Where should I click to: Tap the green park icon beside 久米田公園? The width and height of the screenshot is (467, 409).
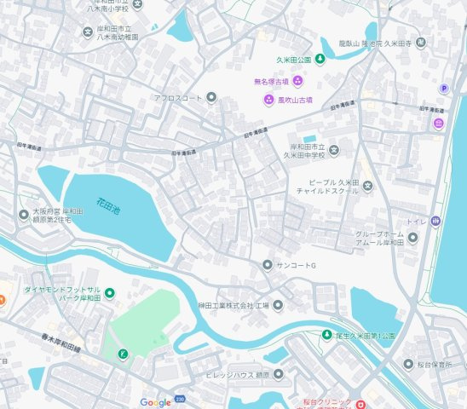[x=320, y=59]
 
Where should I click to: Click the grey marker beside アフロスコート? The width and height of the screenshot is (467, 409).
[x=211, y=98]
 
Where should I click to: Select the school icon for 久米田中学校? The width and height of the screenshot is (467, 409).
[x=334, y=151]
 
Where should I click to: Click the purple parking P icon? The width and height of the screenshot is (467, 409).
[x=444, y=88]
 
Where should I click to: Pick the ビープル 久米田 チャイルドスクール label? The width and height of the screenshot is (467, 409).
[x=336, y=188]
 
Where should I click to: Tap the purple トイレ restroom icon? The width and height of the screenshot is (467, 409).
[x=435, y=221]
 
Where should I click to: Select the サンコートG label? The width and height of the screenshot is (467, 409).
[x=296, y=266]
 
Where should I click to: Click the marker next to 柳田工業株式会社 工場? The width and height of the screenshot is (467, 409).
[x=276, y=305]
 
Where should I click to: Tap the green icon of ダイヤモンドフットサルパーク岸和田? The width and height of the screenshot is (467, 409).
[x=109, y=294]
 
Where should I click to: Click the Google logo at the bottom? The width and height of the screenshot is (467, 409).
[x=156, y=402]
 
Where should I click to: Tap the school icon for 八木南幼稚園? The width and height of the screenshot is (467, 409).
[x=87, y=34]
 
